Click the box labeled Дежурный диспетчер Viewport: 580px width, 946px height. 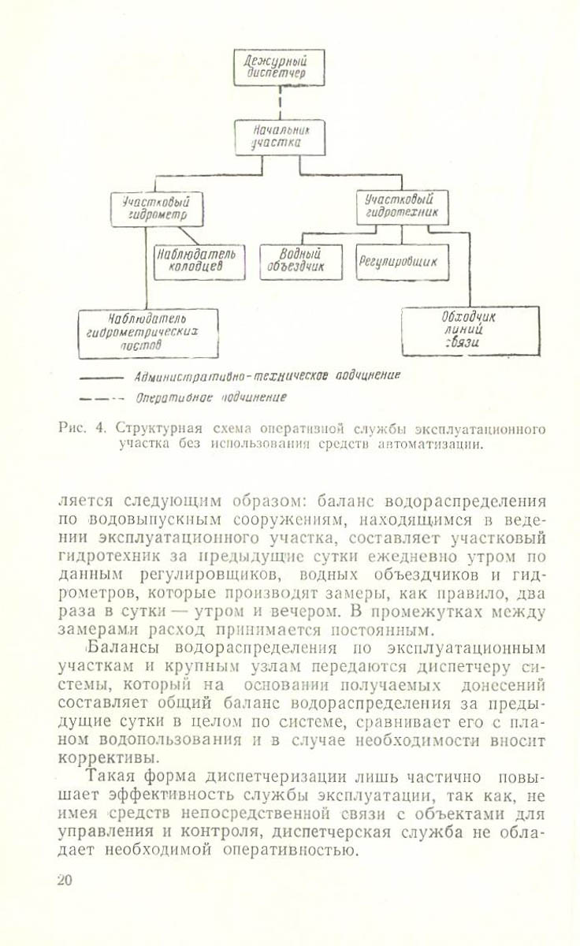[280, 67]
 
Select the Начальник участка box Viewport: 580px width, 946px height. [280, 137]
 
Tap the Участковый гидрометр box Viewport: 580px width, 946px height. [157, 209]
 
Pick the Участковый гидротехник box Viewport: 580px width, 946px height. [402, 207]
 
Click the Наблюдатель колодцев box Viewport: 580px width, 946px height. [199, 262]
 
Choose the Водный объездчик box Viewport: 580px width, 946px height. [302, 262]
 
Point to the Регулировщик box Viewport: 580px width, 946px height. [402, 262]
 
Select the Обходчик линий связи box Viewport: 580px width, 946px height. [470, 330]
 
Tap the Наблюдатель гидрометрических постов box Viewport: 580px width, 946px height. [147, 332]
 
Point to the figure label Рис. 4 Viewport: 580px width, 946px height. [82, 430]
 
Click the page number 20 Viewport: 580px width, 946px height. [65, 881]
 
